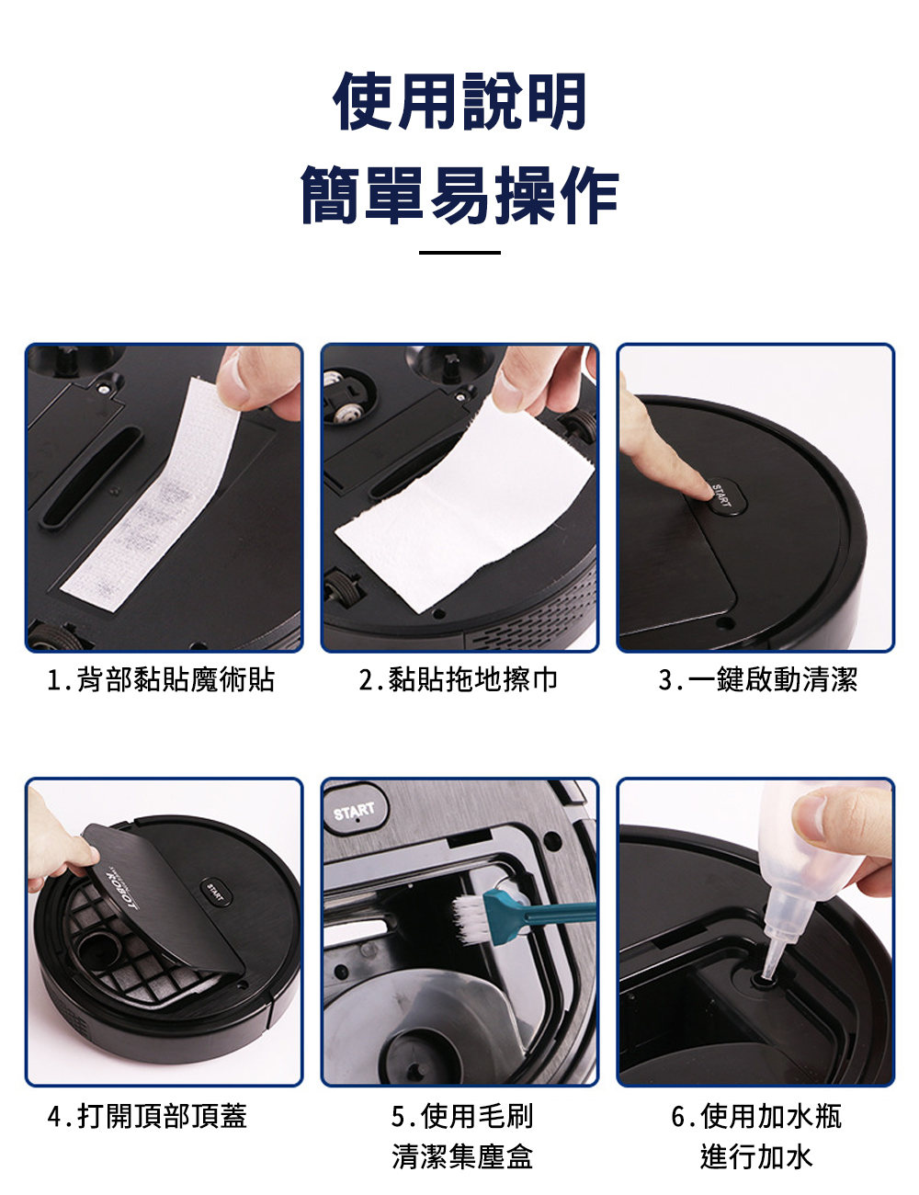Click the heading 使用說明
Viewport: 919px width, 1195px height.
click(459, 102)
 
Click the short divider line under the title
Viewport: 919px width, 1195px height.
click(459, 253)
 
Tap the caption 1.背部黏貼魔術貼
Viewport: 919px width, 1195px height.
click(161, 679)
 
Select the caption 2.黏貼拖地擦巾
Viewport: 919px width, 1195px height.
click(458, 679)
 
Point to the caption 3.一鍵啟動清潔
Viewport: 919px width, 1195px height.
click(757, 679)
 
